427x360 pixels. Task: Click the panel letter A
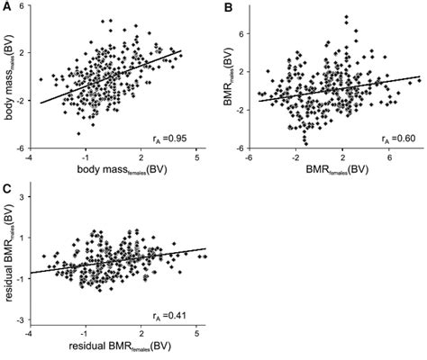(7, 7)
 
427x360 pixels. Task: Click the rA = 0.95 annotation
(176, 138)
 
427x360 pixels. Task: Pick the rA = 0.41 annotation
(176, 314)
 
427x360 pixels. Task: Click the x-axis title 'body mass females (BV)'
(114, 169)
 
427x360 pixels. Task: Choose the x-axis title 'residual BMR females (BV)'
(114, 347)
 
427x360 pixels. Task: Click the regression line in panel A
(108, 77)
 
